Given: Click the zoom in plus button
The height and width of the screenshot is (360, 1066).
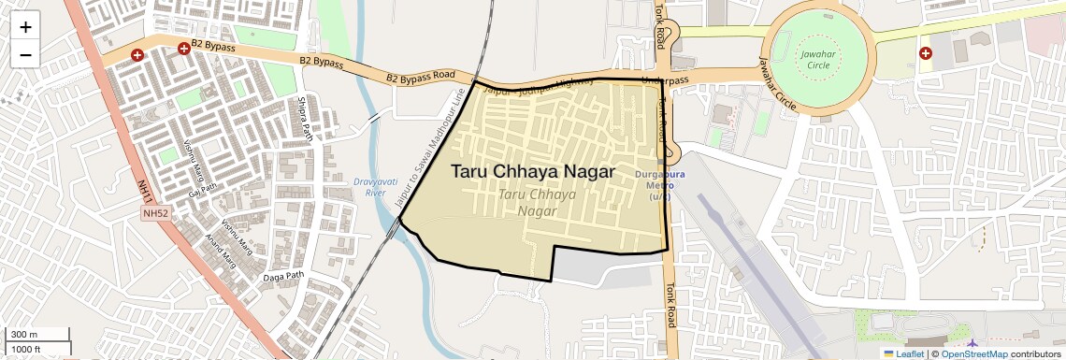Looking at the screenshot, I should [25, 26].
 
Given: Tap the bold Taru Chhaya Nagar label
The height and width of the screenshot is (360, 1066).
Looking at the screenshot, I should [533, 172].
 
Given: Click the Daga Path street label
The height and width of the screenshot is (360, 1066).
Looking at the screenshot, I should [284, 276].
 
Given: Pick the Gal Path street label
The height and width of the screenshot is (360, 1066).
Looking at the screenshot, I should [202, 191].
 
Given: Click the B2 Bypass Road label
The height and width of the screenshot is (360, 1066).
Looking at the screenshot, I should [421, 75].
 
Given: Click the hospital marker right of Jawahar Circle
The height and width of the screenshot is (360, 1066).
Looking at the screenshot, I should [926, 53].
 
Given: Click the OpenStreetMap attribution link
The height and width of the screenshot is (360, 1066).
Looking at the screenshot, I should [973, 354].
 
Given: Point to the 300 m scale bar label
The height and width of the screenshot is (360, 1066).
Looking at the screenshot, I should [24, 335].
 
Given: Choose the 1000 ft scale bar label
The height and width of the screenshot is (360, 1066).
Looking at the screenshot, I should [26, 349].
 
